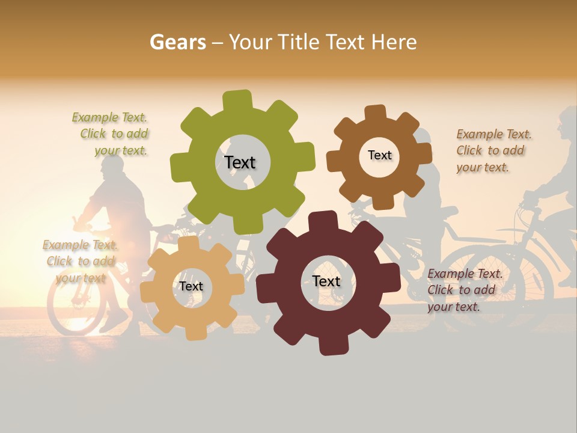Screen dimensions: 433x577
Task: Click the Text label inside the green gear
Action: coord(240,163)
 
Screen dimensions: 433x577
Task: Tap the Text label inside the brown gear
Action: coord(379,155)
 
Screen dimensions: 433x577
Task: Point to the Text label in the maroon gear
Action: coord(326,281)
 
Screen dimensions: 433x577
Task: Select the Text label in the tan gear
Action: coord(191,287)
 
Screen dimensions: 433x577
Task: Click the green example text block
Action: coord(111,134)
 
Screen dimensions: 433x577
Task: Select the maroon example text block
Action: coord(464,290)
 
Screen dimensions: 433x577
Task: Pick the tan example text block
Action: coord(80,261)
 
